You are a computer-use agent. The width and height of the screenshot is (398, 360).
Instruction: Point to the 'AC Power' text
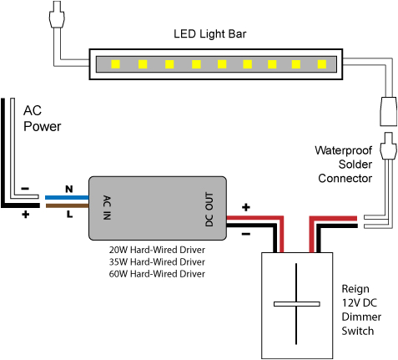coord(42,119)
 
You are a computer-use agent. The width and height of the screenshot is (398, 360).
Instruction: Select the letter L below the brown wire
coord(69,214)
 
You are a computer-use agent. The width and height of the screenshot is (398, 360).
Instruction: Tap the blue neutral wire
coord(67,198)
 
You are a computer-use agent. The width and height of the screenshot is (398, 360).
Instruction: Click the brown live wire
coord(67,205)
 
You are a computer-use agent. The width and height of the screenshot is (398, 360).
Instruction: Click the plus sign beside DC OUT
coord(246,206)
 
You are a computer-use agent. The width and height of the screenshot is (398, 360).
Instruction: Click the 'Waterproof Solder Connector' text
coord(342,165)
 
